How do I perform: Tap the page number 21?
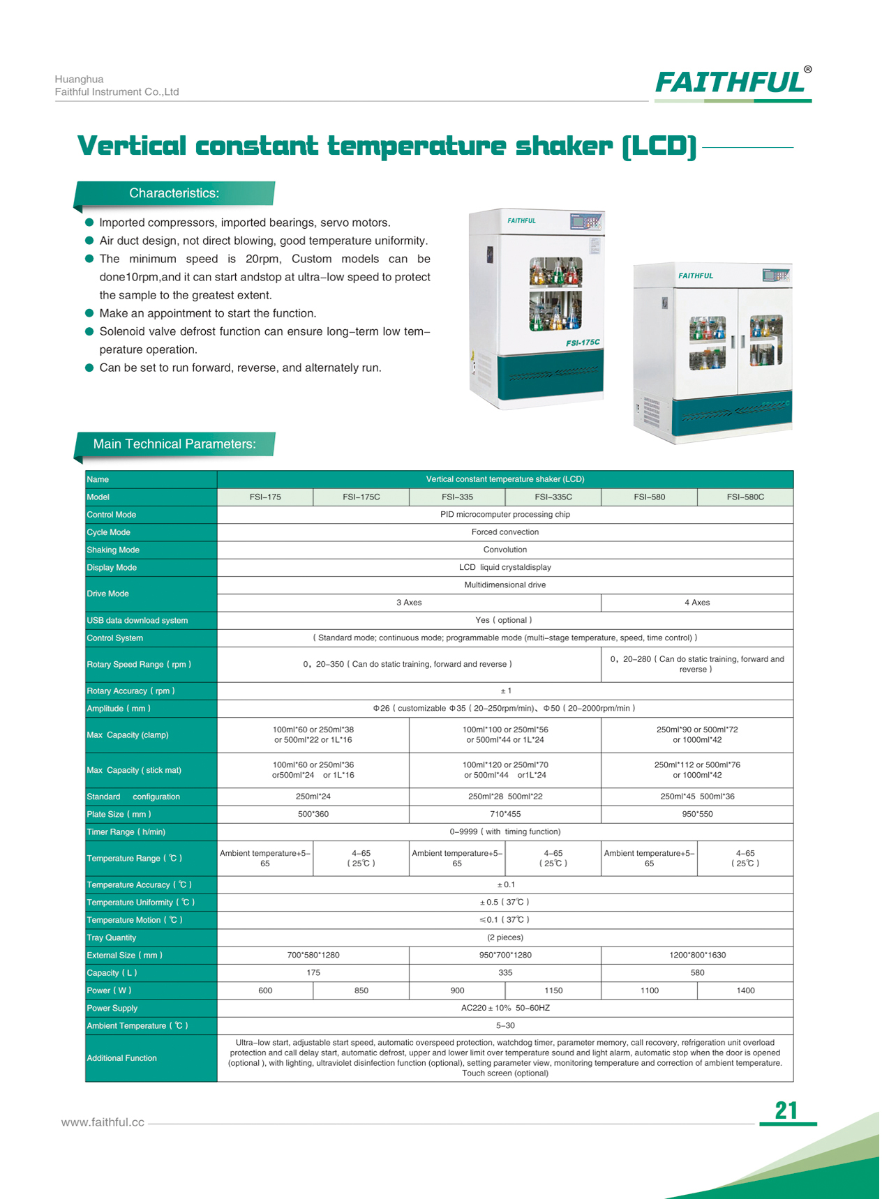(786, 1110)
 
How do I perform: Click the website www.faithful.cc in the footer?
(103, 1122)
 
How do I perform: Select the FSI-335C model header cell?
(553, 497)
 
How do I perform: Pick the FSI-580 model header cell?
(649, 497)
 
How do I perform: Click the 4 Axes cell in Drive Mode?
(697, 603)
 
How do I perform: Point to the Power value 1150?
(553, 990)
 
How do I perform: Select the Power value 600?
(265, 990)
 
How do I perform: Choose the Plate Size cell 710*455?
(505, 814)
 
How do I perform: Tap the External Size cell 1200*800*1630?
(697, 955)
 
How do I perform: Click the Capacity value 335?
(505, 972)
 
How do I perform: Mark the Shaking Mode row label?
(113, 550)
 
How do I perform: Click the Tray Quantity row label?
(112, 937)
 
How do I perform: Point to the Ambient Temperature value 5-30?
(505, 1025)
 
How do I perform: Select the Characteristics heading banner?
(174, 193)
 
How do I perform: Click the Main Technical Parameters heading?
(174, 444)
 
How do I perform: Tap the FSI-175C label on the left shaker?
(583, 342)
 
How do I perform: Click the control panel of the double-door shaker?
(777, 276)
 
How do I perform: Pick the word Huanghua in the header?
(79, 80)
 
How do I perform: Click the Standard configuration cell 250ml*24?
(313, 797)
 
